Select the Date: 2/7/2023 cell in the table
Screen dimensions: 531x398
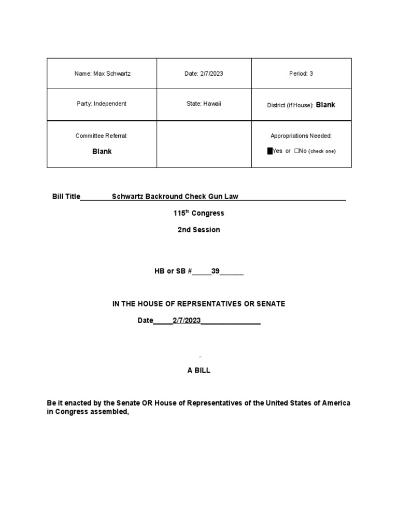pos(204,74)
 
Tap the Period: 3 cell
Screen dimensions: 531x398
pos(301,74)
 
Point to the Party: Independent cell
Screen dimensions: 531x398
pos(102,104)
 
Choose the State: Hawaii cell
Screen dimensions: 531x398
pos(204,104)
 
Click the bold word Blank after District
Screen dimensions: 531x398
pos(325,105)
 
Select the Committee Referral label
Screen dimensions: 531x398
pos(102,136)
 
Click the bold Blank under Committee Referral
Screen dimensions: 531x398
pos(102,151)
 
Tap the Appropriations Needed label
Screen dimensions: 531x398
pos(301,136)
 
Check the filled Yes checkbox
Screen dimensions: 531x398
pos(270,151)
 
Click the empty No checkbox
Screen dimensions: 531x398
pos(296,151)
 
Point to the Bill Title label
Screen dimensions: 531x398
pos(66,197)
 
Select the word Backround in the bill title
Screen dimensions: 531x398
pos(162,197)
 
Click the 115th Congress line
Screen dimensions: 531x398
pos(198,213)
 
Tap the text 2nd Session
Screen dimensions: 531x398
pos(198,230)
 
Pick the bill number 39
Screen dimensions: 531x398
pos(215,271)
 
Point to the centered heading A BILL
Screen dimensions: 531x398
pos(198,371)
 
